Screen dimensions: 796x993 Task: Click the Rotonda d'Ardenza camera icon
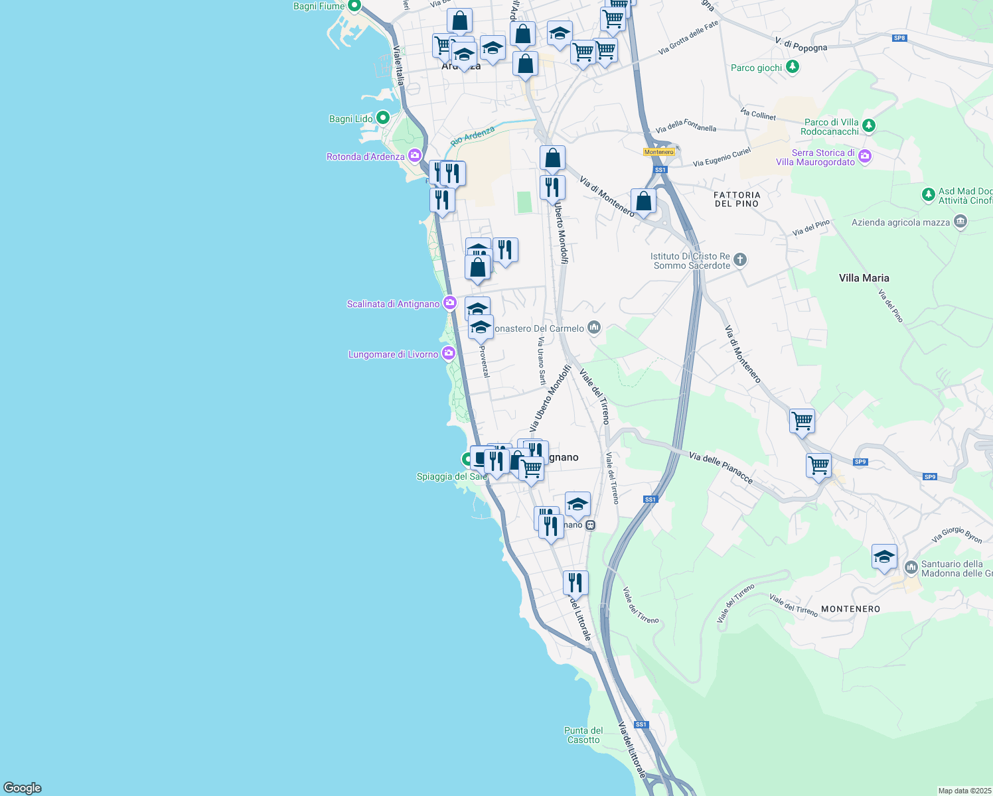pyautogui.click(x=415, y=156)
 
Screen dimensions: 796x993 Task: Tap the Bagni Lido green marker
pyautogui.click(x=383, y=118)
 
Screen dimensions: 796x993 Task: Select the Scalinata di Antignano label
pyautogui.click(x=393, y=304)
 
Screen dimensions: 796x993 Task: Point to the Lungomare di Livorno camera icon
pyautogui.click(x=449, y=354)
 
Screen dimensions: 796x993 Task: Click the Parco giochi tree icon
pyautogui.click(x=792, y=67)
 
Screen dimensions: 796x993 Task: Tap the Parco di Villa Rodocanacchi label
pyautogui.click(x=831, y=127)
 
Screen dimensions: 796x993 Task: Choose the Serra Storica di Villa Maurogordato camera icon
pyautogui.click(x=864, y=157)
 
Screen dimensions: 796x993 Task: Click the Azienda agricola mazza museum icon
pyautogui.click(x=960, y=222)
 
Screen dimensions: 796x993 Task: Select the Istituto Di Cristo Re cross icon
pyautogui.click(x=740, y=259)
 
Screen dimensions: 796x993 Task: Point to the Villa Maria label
pyautogui.click(x=864, y=278)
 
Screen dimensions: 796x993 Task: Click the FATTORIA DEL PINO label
pyautogui.click(x=737, y=199)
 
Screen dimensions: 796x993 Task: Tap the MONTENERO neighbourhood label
pyautogui.click(x=850, y=609)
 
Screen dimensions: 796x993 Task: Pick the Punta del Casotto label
pyautogui.click(x=583, y=735)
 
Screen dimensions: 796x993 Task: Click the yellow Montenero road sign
pyautogui.click(x=659, y=152)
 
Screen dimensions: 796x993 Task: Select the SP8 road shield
pyautogui.click(x=899, y=38)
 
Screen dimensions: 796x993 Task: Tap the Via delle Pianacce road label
pyautogui.click(x=720, y=467)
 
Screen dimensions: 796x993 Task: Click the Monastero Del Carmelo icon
pyautogui.click(x=594, y=327)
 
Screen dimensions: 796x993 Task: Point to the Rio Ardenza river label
pyautogui.click(x=472, y=136)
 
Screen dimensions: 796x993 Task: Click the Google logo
pyautogui.click(x=23, y=788)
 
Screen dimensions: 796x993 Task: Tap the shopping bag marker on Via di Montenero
pyautogui.click(x=643, y=202)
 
